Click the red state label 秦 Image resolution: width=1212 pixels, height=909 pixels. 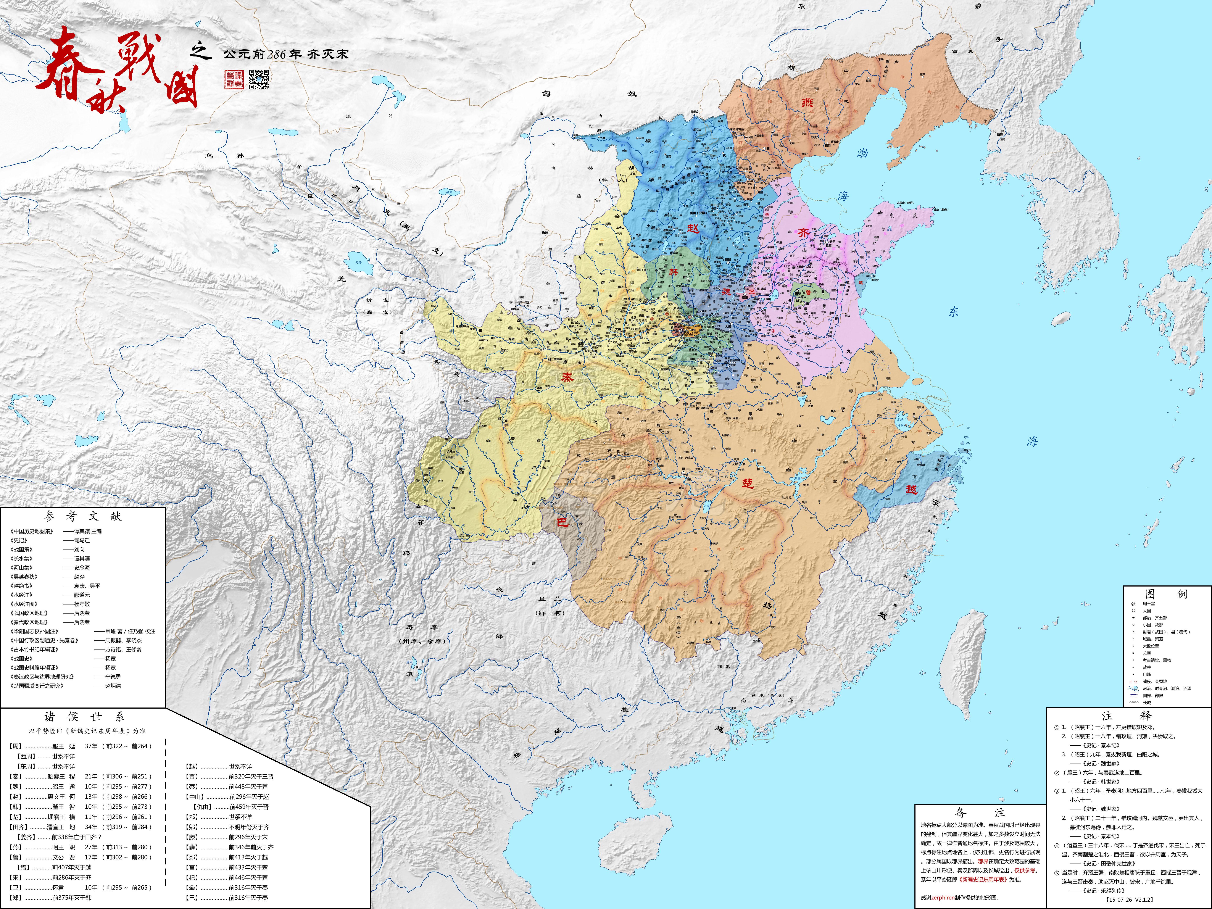(x=567, y=377)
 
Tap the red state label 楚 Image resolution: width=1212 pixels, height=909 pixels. (x=747, y=483)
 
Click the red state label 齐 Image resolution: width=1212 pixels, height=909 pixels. (x=803, y=233)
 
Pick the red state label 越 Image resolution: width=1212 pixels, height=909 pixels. (x=911, y=489)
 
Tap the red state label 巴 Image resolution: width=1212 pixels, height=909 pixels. (x=562, y=522)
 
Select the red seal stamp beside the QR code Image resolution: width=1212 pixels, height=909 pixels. (x=234, y=79)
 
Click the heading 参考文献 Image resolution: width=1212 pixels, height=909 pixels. (x=83, y=516)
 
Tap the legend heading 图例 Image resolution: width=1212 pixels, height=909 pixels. (x=1166, y=594)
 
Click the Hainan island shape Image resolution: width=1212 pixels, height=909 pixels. (x=634, y=841)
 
